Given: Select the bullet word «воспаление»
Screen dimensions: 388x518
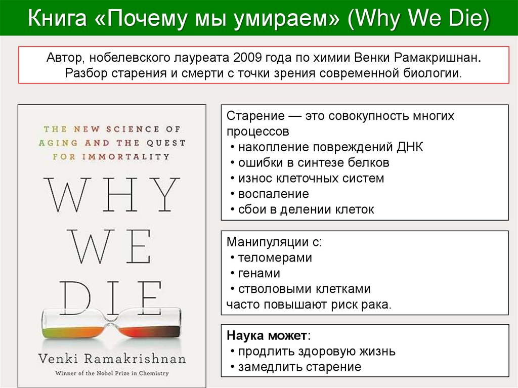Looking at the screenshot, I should [273, 194].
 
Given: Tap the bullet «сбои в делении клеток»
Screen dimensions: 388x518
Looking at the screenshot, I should [306, 209].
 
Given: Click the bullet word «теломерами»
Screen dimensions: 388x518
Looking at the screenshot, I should [275, 257].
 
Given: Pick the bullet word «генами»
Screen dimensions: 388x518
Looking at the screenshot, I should [259, 273].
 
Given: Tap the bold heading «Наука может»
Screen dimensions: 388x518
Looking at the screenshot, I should [267, 335].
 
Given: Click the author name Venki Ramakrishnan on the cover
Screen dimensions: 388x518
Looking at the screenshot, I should [112, 359].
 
